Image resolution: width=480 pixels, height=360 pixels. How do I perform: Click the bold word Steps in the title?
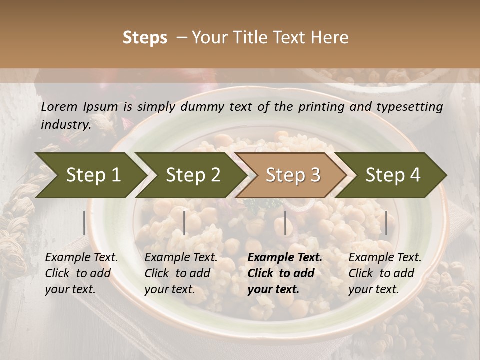click(x=145, y=38)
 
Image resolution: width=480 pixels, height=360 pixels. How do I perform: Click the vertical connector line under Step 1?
click(x=84, y=223)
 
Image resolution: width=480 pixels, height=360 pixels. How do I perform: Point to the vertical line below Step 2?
click(x=184, y=223)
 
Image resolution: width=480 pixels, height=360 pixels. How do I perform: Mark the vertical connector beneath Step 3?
click(x=285, y=223)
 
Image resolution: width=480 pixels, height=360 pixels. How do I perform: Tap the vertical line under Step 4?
click(x=386, y=223)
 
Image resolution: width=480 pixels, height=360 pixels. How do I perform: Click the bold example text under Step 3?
click(x=284, y=273)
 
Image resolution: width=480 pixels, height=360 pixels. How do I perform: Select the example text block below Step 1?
click(x=81, y=273)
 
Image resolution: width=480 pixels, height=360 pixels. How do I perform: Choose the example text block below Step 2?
click(x=181, y=273)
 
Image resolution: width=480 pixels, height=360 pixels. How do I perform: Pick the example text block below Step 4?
click(x=385, y=273)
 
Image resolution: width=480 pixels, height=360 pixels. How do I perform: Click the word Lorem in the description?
click(x=59, y=107)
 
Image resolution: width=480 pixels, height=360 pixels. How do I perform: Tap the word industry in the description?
click(x=65, y=125)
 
